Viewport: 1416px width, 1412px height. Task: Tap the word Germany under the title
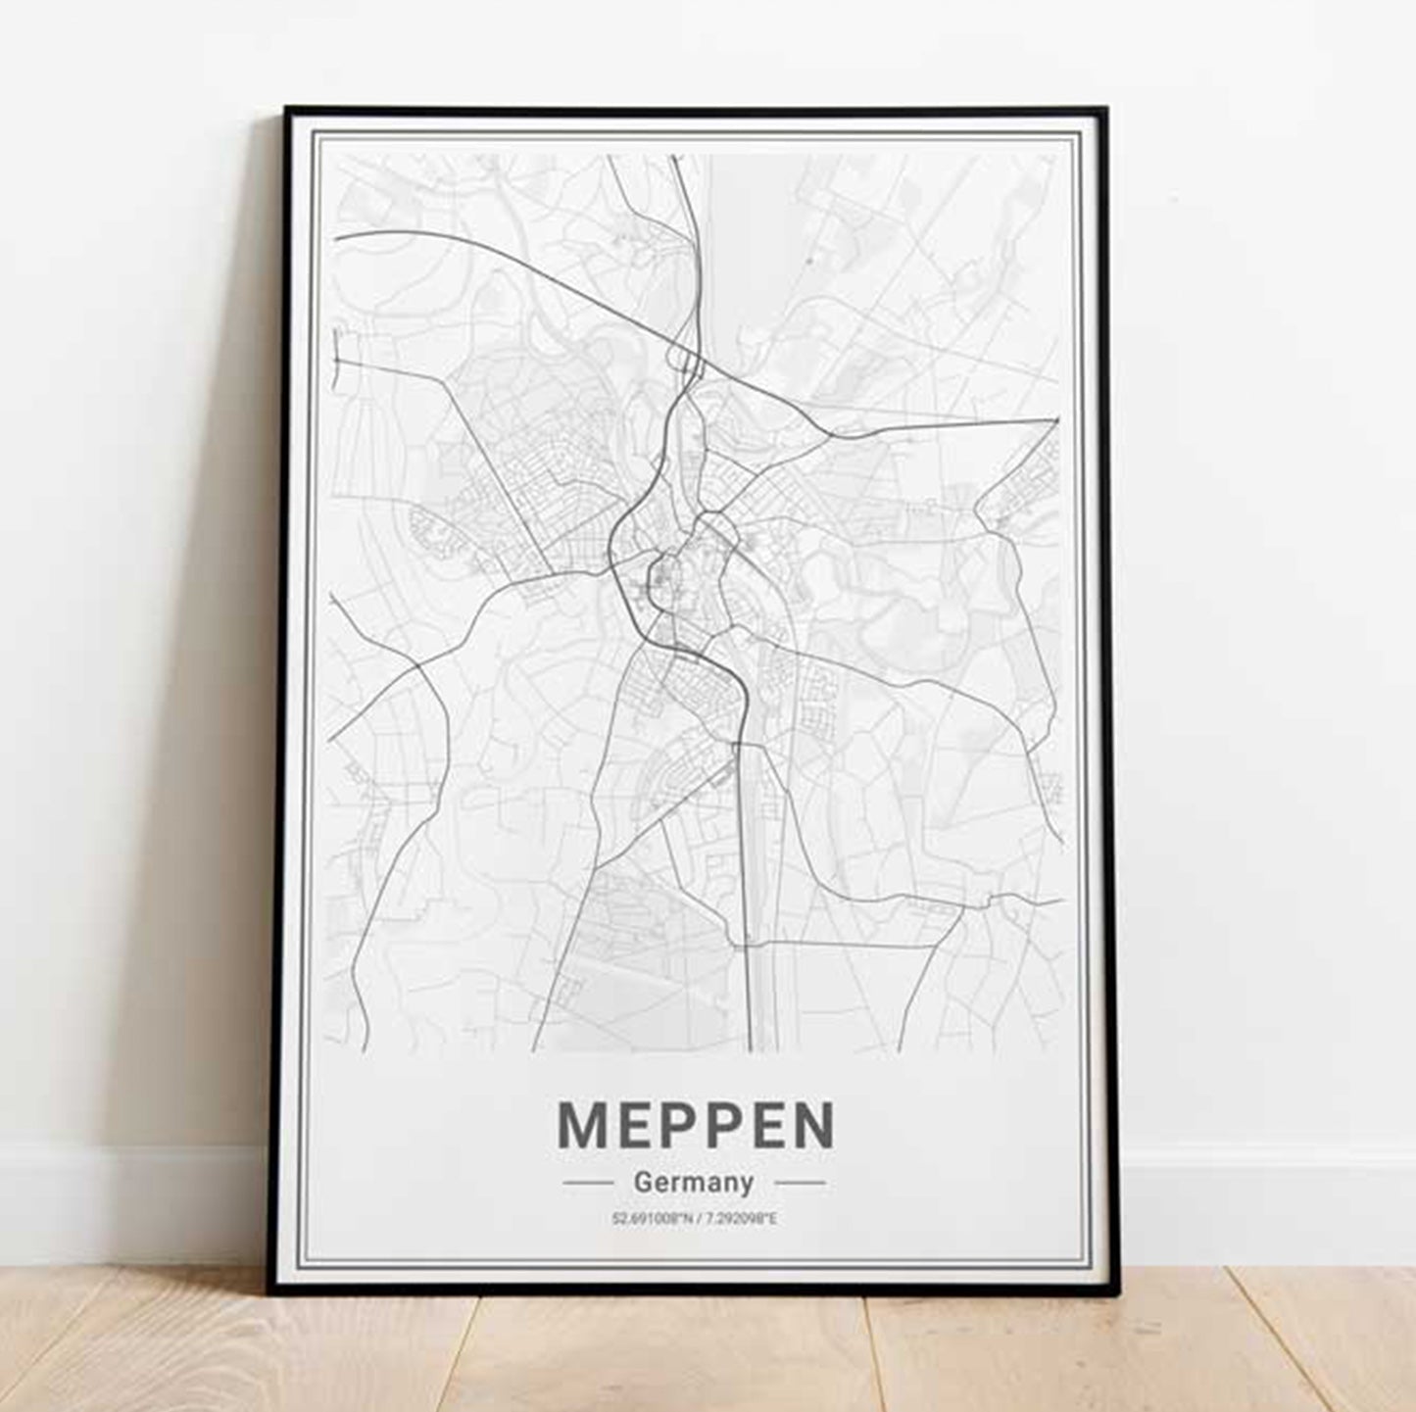tap(694, 1183)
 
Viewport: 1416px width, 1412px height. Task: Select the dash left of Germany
tap(588, 1183)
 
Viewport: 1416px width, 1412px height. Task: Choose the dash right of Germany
tap(800, 1183)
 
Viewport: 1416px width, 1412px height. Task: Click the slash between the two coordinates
tap(696, 1219)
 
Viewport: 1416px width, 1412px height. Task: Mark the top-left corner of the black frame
tap(286, 109)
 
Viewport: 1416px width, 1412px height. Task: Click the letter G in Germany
tap(643, 1182)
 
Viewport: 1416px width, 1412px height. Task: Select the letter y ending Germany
tap(747, 1186)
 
